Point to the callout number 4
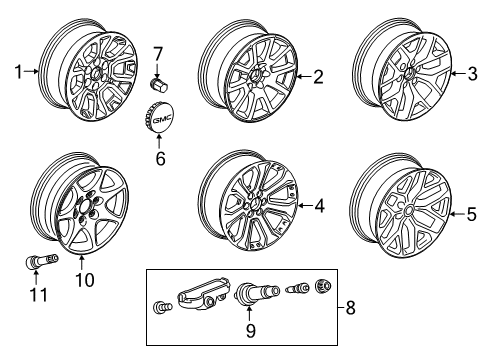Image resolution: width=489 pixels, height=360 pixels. pyautogui.click(x=319, y=207)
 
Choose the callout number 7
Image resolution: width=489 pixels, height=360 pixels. pyautogui.click(x=157, y=52)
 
